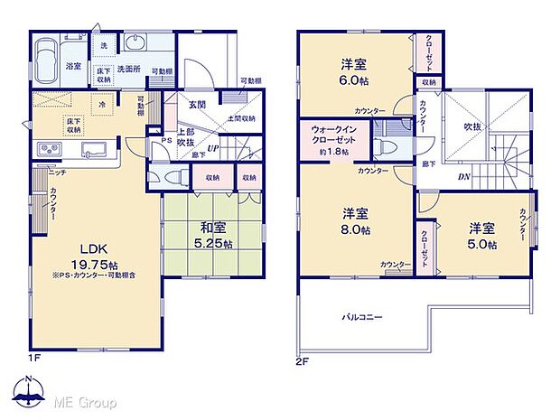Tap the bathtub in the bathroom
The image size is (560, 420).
pos(46,59)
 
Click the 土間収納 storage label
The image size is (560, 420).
pos(240,118)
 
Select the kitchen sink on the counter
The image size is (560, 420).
pos(89,149)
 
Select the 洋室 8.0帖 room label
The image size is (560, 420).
pos(353,221)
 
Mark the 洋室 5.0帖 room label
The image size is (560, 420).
pos(480,235)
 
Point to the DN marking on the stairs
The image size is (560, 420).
pos(462,176)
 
